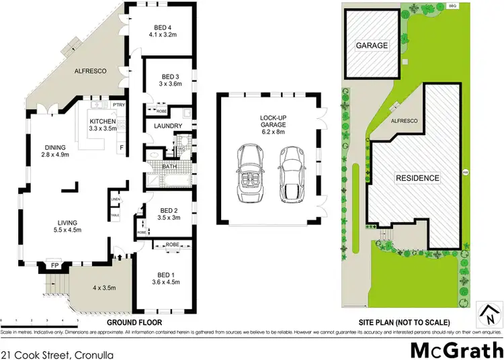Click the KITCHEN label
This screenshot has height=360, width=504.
[103, 121]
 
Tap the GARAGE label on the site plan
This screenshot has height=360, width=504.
[371, 45]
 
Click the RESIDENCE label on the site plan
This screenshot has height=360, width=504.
[417, 178]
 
